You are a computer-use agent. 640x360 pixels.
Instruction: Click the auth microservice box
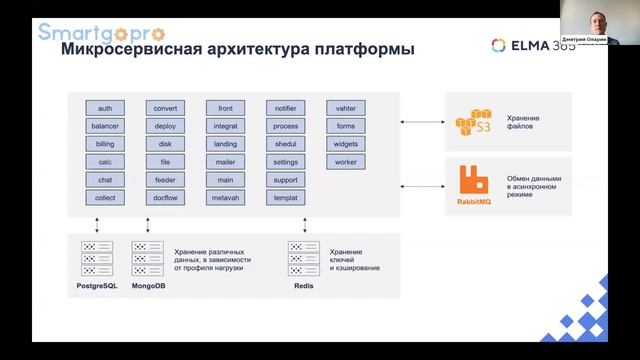click(105, 108)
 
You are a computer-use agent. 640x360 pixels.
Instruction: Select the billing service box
click(105, 144)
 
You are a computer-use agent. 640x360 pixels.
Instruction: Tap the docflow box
click(165, 198)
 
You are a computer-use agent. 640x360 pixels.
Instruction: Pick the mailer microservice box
click(225, 162)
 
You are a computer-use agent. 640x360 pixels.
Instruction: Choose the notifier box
click(285, 108)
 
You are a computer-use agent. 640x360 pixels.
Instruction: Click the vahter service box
click(346, 108)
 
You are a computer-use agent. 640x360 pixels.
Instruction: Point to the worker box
click(346, 162)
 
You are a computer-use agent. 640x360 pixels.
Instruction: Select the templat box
click(285, 198)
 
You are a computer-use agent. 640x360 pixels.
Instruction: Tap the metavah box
click(225, 198)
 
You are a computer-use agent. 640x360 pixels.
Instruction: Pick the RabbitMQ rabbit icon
click(474, 180)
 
